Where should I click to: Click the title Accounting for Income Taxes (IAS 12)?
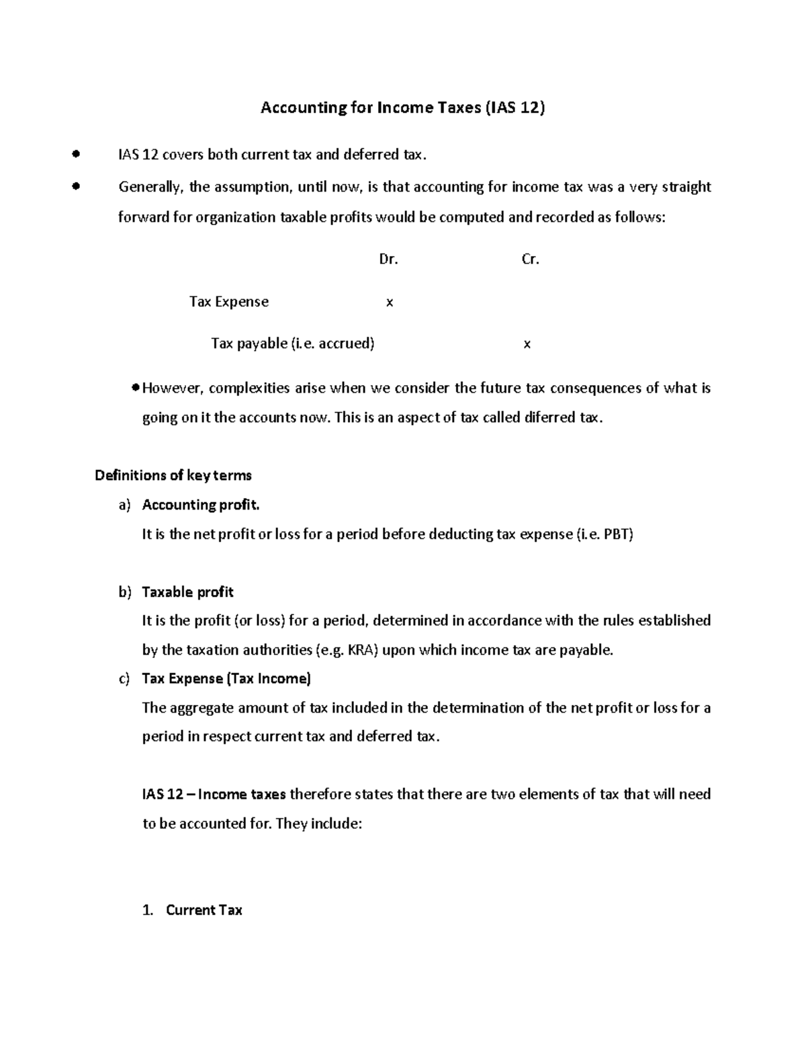tap(402, 108)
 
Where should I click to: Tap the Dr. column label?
tap(388, 259)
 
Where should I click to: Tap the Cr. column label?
tap(530, 259)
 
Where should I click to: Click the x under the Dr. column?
tap(389, 303)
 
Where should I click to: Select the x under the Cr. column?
tap(527, 344)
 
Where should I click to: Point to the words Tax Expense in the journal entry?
tap(229, 302)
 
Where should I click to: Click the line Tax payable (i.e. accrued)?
tap(293, 344)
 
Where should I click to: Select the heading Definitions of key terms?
tap(173, 475)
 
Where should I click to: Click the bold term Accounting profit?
tap(200, 505)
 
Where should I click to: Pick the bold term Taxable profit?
tap(187, 592)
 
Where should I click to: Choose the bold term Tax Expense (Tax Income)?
tap(226, 679)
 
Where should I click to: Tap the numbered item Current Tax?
tap(204, 910)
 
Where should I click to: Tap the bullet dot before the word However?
tap(136, 387)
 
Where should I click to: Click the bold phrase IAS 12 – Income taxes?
tap(214, 795)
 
